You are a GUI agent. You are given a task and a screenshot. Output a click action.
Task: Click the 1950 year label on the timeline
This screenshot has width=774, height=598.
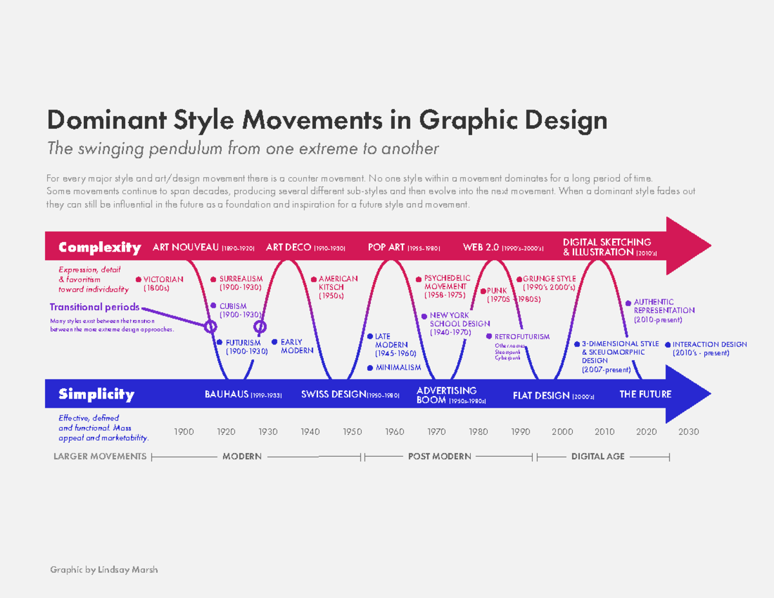pyautogui.click(x=352, y=432)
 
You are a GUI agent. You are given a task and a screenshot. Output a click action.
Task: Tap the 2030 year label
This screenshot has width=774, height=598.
pyautogui.click(x=689, y=432)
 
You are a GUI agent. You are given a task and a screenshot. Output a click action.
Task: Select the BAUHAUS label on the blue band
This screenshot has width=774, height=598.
pyautogui.click(x=227, y=394)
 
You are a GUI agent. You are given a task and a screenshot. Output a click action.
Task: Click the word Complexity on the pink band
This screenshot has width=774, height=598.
pyautogui.click(x=99, y=247)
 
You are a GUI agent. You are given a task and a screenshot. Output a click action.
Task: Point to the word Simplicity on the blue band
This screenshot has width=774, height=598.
pyautogui.click(x=96, y=394)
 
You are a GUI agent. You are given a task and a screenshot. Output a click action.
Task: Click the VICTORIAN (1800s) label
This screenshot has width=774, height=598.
pyautogui.click(x=163, y=283)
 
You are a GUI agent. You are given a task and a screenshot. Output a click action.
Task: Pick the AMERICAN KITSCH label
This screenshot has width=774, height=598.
pyautogui.click(x=337, y=287)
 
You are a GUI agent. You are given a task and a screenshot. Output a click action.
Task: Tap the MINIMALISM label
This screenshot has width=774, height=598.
pyautogui.click(x=398, y=367)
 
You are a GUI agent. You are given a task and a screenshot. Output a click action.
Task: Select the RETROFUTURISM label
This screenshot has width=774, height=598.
pyautogui.click(x=521, y=337)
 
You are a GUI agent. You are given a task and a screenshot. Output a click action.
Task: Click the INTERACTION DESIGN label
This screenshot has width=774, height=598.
pyautogui.click(x=709, y=344)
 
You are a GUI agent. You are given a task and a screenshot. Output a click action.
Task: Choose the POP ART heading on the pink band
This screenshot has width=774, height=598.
pyautogui.click(x=386, y=247)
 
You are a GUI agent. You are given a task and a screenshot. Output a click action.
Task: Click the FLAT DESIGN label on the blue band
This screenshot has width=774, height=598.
pyautogui.click(x=541, y=395)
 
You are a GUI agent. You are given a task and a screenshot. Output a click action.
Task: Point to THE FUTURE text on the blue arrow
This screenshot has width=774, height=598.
pyautogui.click(x=645, y=394)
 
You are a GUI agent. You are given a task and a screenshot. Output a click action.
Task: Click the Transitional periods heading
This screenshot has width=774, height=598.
pyautogui.click(x=86, y=307)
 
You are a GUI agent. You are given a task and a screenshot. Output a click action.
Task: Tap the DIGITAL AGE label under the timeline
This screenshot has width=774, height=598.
pyautogui.click(x=598, y=456)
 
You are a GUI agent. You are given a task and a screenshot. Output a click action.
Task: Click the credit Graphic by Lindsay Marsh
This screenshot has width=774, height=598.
pyautogui.click(x=104, y=570)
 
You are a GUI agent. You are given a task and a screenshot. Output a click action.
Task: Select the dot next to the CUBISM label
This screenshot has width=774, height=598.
pyautogui.click(x=213, y=306)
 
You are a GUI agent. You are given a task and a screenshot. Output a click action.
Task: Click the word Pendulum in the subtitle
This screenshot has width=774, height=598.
pyautogui.click(x=186, y=149)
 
